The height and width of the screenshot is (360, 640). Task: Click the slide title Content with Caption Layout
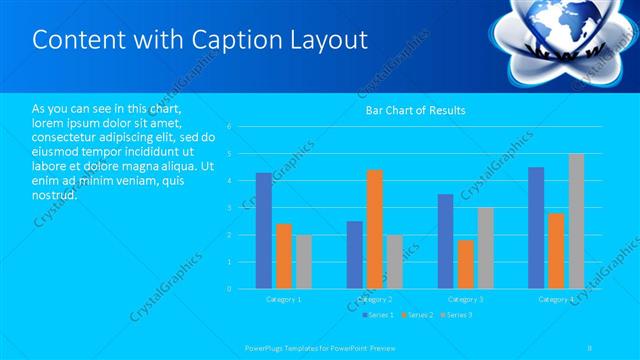pos(200,40)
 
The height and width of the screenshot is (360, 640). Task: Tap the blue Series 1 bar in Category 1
pos(263,230)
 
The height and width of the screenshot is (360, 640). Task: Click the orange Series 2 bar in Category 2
pos(374,229)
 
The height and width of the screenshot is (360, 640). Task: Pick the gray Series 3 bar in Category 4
pos(576,221)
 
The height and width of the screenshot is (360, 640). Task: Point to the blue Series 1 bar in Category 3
pos(445,241)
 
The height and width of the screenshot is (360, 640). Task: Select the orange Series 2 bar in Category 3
pos(465,264)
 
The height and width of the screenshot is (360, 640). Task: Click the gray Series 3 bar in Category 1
pos(304,262)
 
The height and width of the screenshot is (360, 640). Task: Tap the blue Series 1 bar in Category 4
pos(536,228)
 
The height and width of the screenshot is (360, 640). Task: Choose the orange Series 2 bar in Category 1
pos(284,256)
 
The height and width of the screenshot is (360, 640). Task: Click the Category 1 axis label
pos(283,299)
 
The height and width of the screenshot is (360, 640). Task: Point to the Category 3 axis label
pos(465,299)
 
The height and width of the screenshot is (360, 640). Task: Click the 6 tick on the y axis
pos(230,127)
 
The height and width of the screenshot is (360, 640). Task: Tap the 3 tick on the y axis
pos(230,208)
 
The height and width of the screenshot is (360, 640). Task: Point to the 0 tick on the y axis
pos(230,289)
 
